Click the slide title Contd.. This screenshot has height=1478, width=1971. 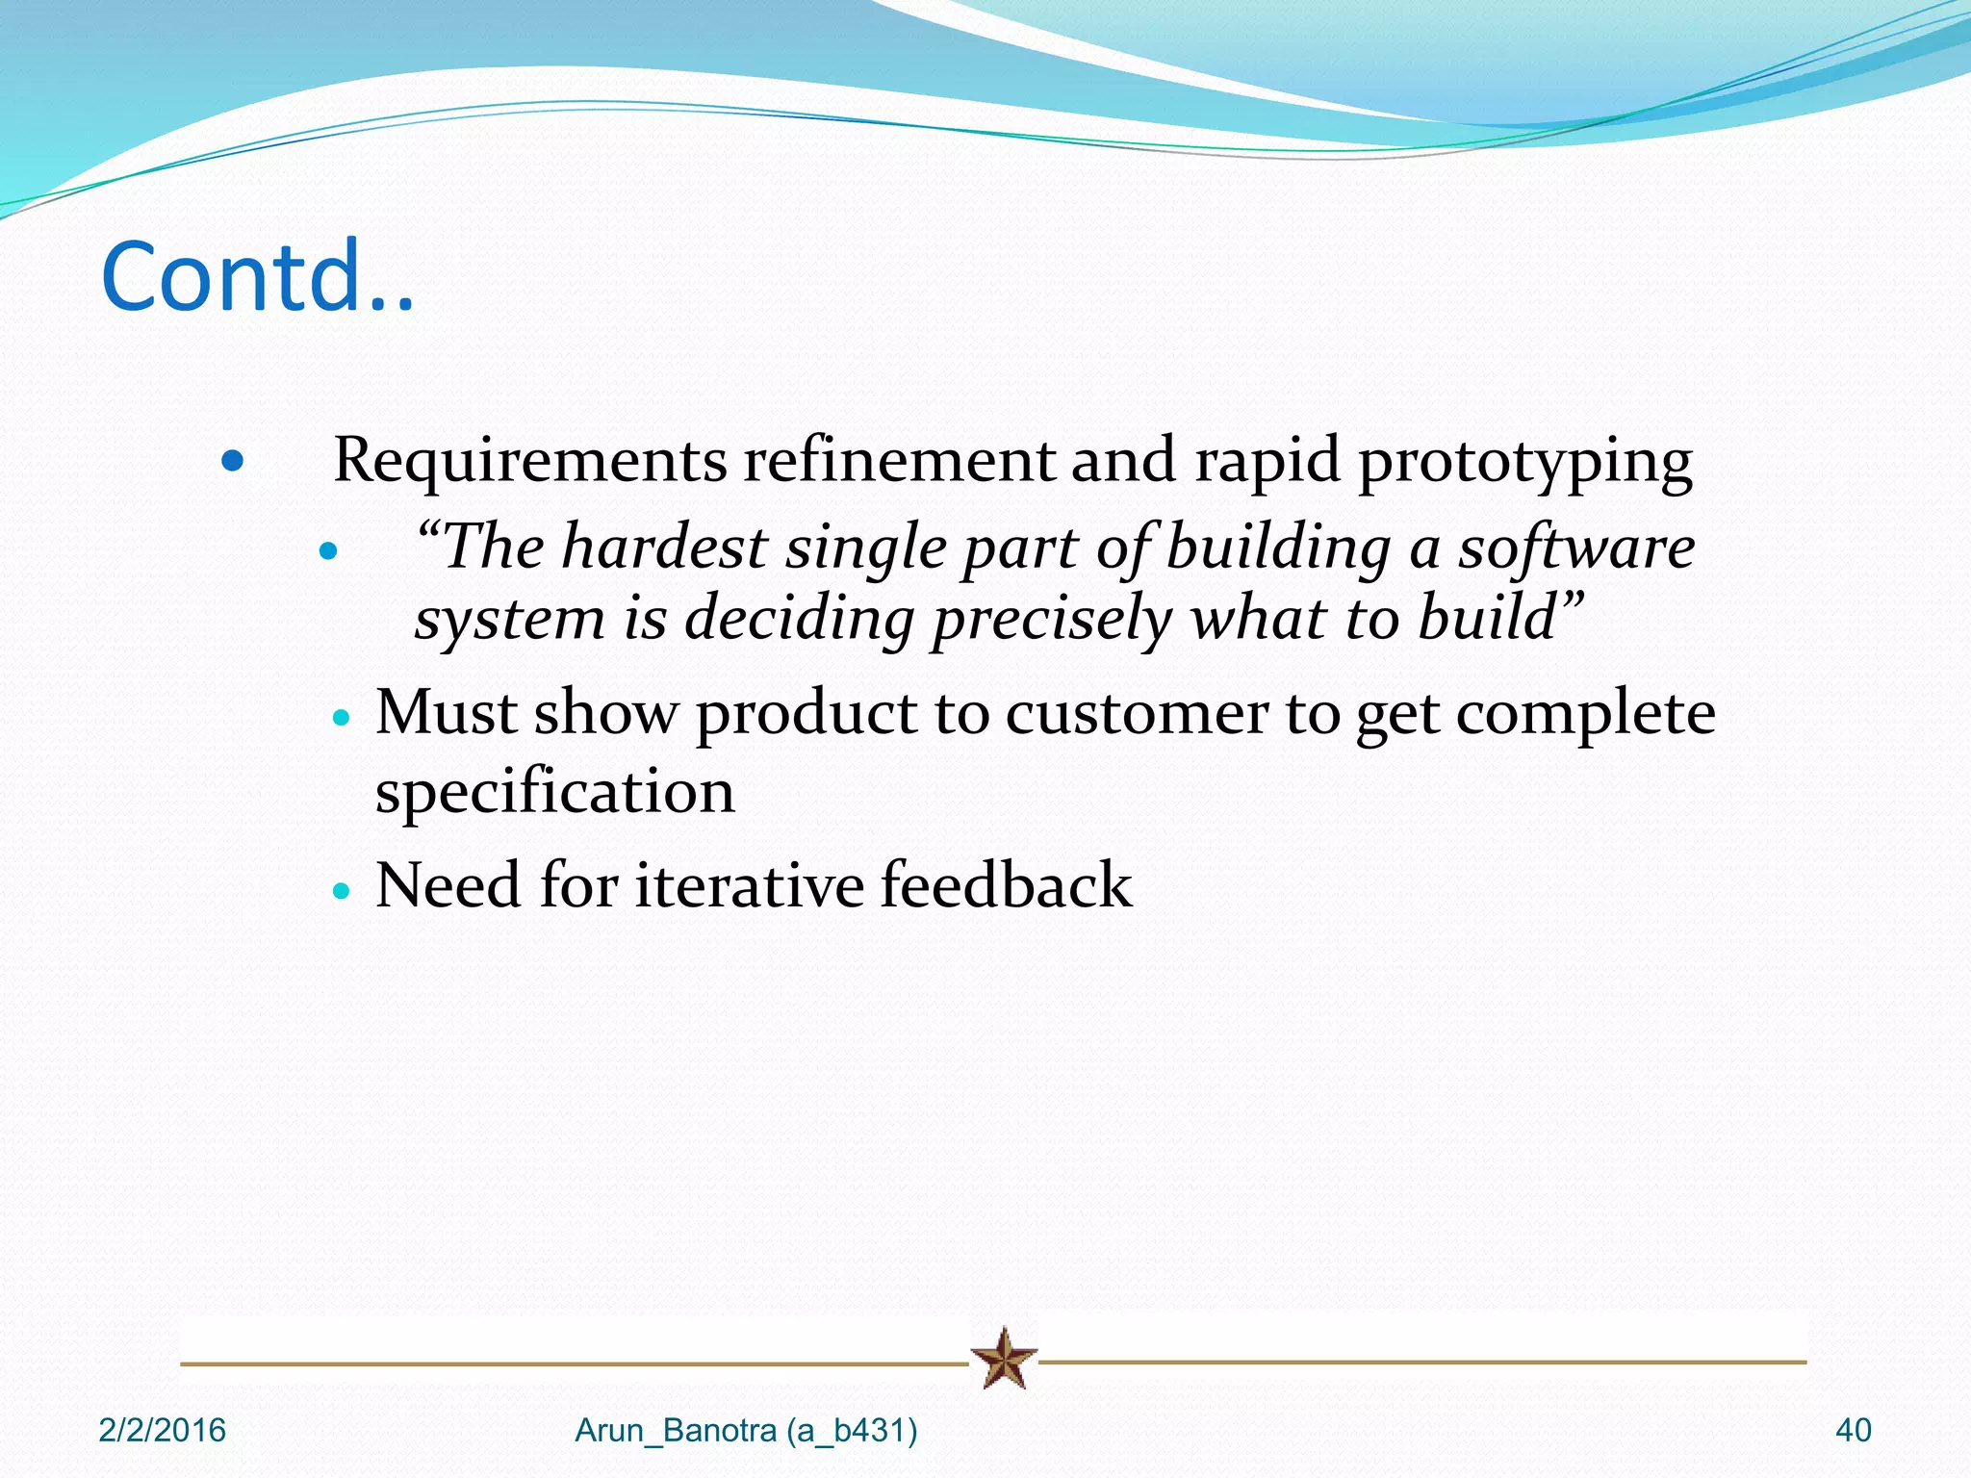(257, 277)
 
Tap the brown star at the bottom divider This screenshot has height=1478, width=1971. (1004, 1359)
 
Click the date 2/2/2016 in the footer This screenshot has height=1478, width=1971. (162, 1431)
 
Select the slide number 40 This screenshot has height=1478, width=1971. (1853, 1431)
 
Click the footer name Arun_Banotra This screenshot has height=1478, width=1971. (676, 1431)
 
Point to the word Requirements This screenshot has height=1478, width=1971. (529, 460)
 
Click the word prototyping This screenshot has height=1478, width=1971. (1524, 462)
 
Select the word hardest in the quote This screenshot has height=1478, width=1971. (665, 547)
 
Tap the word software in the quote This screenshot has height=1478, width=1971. (1575, 547)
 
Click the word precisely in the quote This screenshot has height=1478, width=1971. (1052, 619)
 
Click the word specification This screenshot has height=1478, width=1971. (554, 793)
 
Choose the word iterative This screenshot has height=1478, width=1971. (750, 884)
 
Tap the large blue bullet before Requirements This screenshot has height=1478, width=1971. (232, 462)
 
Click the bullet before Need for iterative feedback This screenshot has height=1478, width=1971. (340, 891)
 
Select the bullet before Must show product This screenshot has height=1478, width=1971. (340, 718)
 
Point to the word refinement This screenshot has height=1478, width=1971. (899, 460)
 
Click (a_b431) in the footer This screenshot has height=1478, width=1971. (852, 1431)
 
